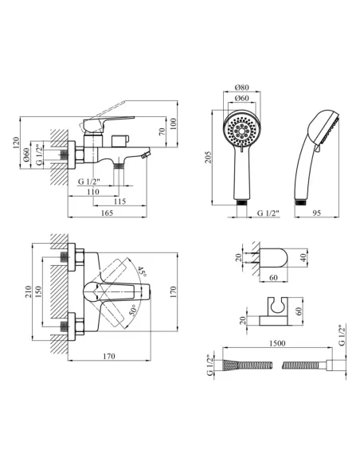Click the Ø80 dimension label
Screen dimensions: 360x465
click(241, 88)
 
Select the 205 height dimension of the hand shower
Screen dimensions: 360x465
click(209, 157)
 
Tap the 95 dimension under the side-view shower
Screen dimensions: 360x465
click(317, 213)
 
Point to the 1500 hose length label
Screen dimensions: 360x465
click(277, 343)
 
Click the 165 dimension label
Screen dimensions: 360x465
click(107, 213)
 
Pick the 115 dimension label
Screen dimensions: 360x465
click(119, 201)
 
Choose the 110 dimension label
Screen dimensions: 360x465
click(93, 192)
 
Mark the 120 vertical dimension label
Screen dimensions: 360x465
click(15, 143)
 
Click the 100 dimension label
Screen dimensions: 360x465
click(173, 124)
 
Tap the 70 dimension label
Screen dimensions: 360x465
click(162, 131)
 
